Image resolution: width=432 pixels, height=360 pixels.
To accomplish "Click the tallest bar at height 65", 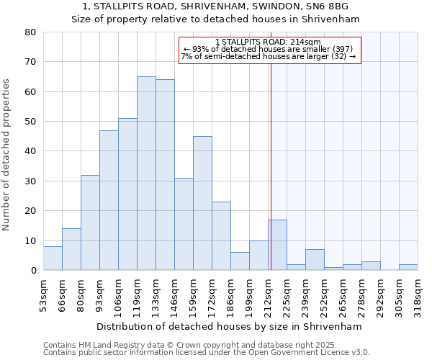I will (x=146, y=173).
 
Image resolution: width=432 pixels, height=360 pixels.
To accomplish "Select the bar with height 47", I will (x=109, y=200).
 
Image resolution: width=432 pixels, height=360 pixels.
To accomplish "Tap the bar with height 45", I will (x=202, y=203).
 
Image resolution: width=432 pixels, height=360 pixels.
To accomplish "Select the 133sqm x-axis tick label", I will (x=156, y=295).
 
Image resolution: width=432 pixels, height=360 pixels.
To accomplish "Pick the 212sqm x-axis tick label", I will (x=268, y=295).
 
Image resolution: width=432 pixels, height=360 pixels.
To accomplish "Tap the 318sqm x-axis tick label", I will (x=418, y=295).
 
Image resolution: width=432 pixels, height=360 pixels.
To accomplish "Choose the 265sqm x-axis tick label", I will (x=343, y=295).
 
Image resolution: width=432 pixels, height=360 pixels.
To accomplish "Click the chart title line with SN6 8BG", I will (x=215, y=6).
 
